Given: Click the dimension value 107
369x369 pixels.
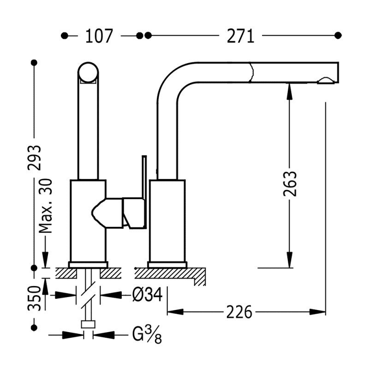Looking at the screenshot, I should (x=99, y=36).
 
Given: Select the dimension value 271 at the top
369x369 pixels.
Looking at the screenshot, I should (x=240, y=36).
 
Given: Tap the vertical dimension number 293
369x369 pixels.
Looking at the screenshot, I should (x=34, y=157).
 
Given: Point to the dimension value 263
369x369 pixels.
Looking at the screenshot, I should (x=290, y=184).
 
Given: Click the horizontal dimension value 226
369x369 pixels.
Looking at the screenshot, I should (x=239, y=312).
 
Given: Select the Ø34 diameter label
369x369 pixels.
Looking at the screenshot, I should (x=147, y=294).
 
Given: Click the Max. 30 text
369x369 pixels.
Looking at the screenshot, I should (x=45, y=206).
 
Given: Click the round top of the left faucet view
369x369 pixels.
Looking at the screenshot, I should (x=88, y=72).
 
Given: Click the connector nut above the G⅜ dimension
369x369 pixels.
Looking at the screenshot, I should (x=88, y=324).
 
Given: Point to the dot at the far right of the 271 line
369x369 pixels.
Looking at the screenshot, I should (x=338, y=35).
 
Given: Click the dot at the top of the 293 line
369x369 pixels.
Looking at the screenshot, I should (x=34, y=62).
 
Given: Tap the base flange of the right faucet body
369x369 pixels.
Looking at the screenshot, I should (x=167, y=265).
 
